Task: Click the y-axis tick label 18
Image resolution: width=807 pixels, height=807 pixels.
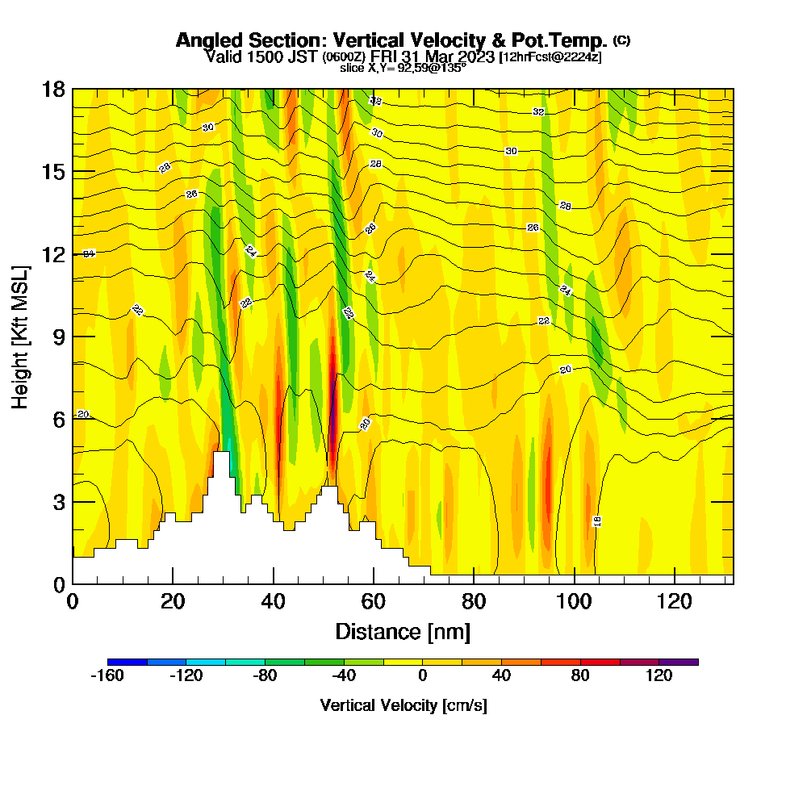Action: click(x=52, y=89)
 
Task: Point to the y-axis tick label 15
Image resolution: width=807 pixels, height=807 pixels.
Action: click(x=52, y=172)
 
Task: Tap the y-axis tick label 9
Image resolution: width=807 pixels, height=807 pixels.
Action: click(x=57, y=337)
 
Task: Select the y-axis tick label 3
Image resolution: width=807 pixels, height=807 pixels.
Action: click(x=57, y=501)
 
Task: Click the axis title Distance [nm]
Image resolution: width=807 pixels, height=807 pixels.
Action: click(x=403, y=631)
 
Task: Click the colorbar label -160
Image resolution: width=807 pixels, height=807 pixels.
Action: click(x=107, y=676)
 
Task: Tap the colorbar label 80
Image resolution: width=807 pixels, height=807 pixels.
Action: click(x=580, y=676)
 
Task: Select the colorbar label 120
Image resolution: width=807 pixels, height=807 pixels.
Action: click(x=659, y=676)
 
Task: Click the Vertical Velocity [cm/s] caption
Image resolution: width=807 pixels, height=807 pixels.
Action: click(x=403, y=705)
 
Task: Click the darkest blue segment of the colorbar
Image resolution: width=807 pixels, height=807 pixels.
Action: click(x=127, y=662)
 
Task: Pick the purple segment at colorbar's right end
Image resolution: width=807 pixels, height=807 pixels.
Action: click(x=679, y=662)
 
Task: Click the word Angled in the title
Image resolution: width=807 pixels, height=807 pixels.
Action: click(x=210, y=40)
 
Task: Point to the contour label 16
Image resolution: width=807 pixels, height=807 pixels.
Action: click(x=597, y=521)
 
